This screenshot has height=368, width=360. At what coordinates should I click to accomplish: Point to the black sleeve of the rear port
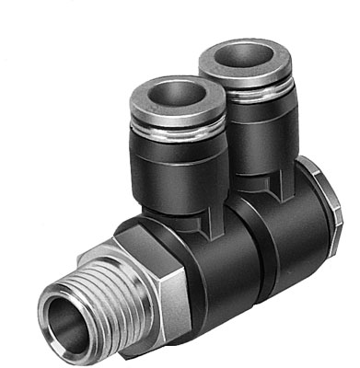pos(258,129)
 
